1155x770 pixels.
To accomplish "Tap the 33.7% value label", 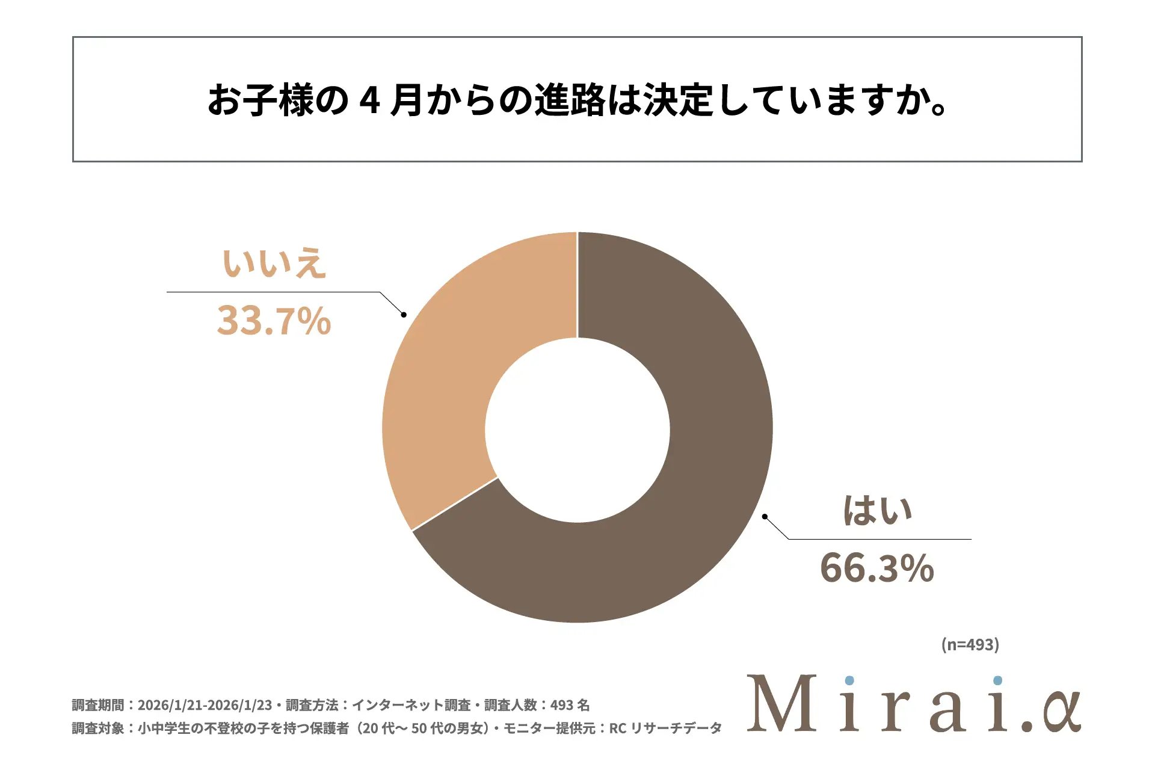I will [274, 320].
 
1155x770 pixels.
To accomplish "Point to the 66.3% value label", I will [877, 568].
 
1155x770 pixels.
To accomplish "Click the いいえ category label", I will [274, 263].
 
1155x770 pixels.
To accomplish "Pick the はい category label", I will [878, 511].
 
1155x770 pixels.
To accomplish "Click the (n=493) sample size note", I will [970, 644].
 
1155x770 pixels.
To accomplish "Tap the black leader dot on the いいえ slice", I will [404, 315].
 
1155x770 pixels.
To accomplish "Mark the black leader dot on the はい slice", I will [765, 516].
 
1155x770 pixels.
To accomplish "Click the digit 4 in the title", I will [369, 100].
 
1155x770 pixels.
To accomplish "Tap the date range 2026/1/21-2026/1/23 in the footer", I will [205, 705].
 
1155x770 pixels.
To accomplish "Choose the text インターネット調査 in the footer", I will [411, 705].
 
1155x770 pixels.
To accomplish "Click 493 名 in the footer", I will [570, 705].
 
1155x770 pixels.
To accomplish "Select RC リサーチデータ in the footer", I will [665, 728].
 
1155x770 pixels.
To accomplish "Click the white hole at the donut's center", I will [577, 430].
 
